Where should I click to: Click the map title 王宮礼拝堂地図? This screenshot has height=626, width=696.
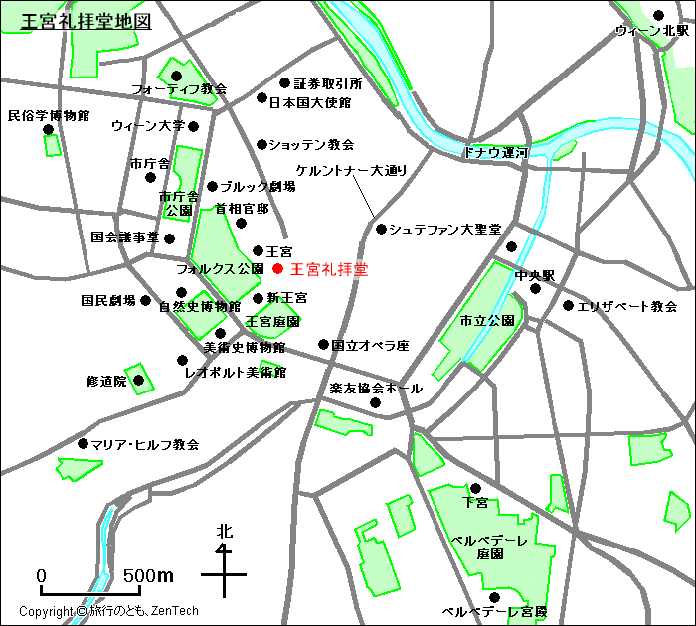click(87, 21)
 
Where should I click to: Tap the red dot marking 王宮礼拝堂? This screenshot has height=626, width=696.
click(278, 268)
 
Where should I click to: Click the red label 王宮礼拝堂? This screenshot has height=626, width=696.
click(328, 269)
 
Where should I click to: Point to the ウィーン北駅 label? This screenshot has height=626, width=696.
click(651, 31)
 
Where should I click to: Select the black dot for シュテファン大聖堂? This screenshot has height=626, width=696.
click(381, 230)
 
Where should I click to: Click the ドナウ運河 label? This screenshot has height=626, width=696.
click(495, 153)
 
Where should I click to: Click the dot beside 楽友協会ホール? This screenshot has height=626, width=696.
click(376, 402)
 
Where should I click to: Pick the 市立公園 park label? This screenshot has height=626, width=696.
click(486, 321)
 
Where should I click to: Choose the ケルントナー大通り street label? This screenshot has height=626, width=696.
click(352, 171)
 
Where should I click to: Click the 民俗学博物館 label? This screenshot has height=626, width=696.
click(49, 116)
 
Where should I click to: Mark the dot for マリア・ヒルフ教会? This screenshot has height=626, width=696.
click(83, 444)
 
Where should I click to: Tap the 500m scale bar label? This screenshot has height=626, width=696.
click(148, 576)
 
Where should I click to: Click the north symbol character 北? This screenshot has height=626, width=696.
click(225, 532)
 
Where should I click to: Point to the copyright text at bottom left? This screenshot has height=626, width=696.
click(109, 612)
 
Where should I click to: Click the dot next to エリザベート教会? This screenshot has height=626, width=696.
click(568, 306)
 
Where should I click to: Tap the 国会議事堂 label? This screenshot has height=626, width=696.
click(125, 237)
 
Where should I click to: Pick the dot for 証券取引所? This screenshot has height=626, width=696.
click(284, 83)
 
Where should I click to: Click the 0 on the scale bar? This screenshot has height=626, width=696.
click(42, 576)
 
